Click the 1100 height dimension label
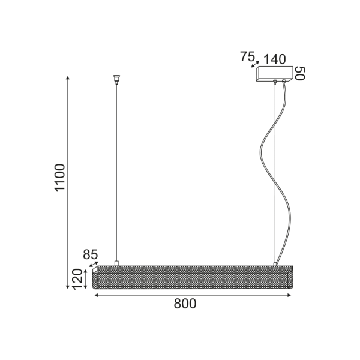[59, 177]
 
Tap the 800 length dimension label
[185, 304]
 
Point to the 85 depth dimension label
[90, 255]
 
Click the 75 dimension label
[247, 57]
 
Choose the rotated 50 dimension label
[301, 73]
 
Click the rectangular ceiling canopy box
[274, 73]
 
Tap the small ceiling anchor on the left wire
[116, 78]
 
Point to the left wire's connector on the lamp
[116, 263]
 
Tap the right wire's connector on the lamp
[275, 263]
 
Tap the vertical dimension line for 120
[87, 280]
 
